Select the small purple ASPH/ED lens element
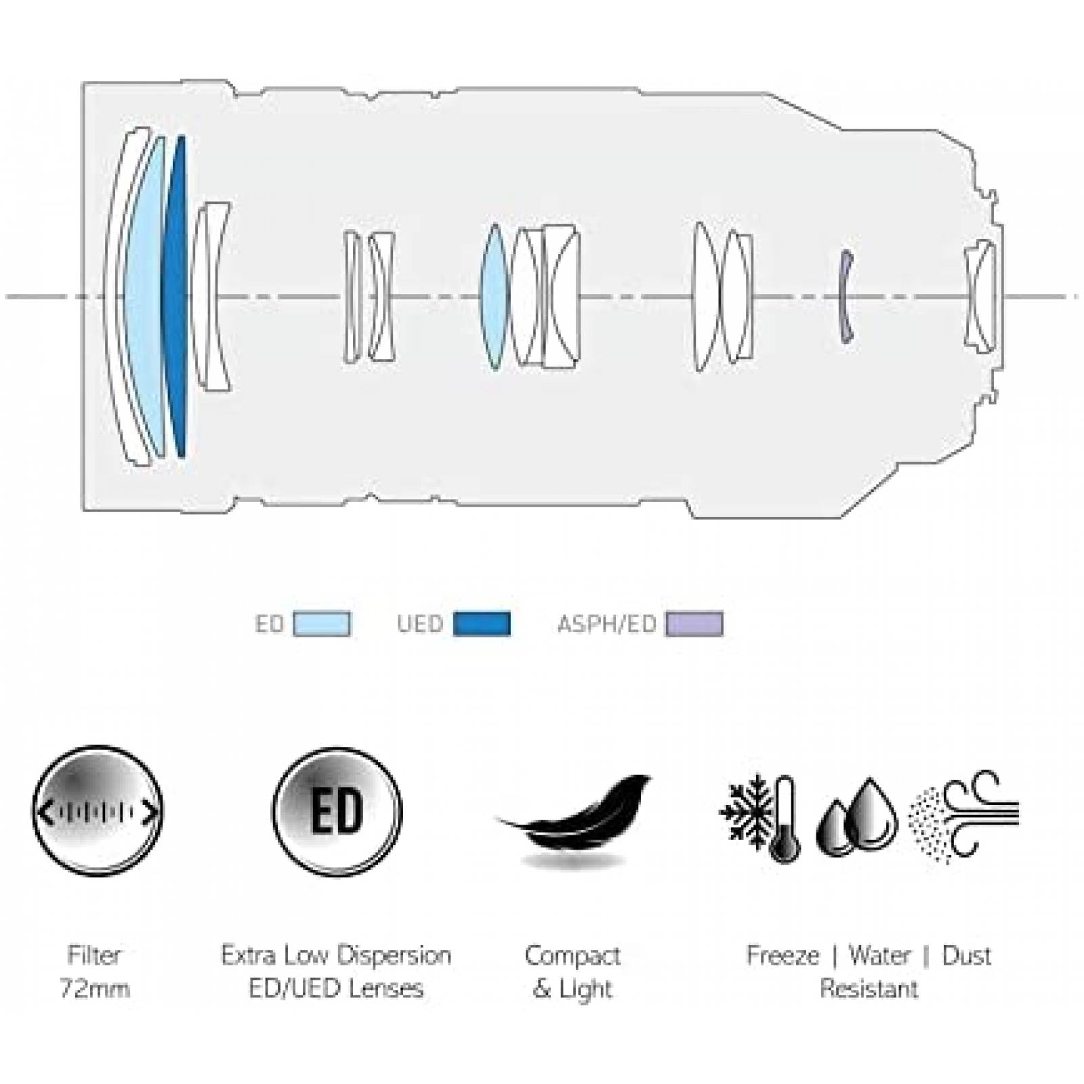[x=844, y=297]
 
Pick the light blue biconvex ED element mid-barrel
[x=493, y=297]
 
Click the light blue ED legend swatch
[x=322, y=624]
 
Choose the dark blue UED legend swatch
[x=482, y=624]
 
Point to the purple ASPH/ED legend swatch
[x=694, y=624]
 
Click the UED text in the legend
[x=420, y=624]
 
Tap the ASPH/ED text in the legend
[x=606, y=624]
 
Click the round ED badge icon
[x=337, y=811]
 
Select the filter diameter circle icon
[x=98, y=811]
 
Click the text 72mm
[x=95, y=988]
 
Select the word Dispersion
[x=394, y=956]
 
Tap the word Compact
[x=572, y=956]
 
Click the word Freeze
[x=783, y=956]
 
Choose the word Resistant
[x=869, y=988]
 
